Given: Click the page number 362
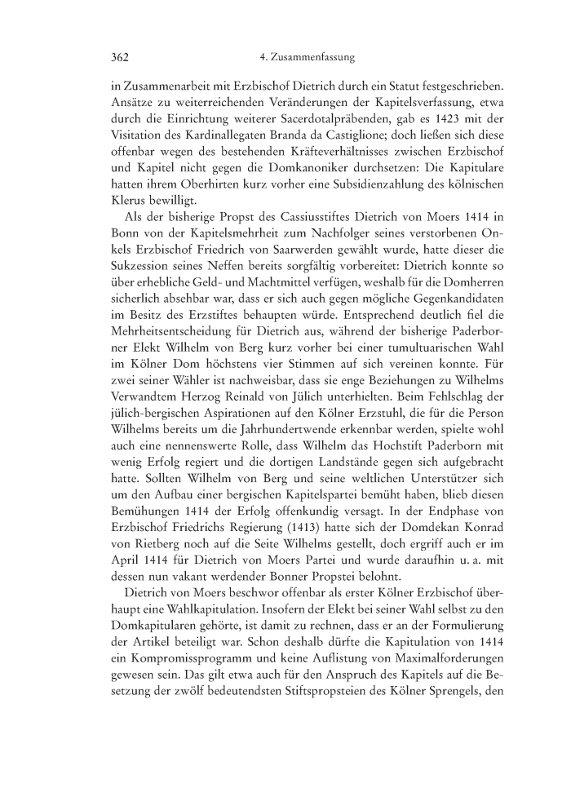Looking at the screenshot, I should point(110,58).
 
